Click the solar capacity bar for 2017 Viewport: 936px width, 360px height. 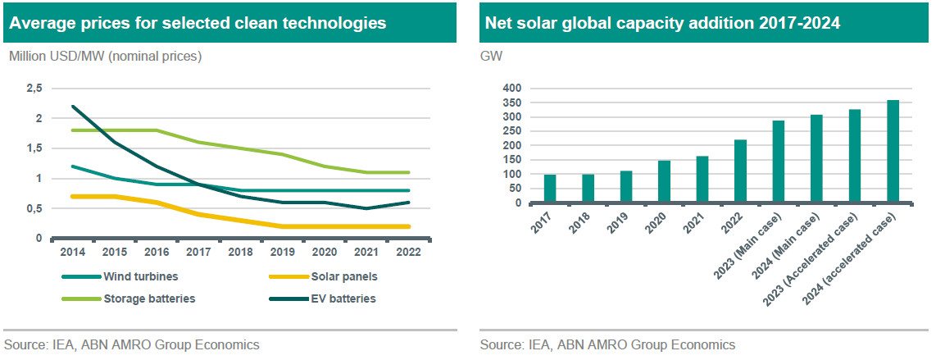(x=550, y=189)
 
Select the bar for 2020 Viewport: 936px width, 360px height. (x=664, y=181)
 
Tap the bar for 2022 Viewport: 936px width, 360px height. (x=740, y=171)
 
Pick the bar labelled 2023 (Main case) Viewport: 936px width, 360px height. (x=778, y=162)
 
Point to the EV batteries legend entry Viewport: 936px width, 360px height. (x=338, y=298)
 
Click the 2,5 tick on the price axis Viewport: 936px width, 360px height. (x=34, y=89)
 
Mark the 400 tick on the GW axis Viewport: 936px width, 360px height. (x=512, y=89)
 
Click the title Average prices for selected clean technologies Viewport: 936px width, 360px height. (x=198, y=23)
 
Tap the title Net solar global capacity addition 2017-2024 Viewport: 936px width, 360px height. (x=662, y=23)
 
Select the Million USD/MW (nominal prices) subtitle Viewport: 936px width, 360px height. (x=105, y=57)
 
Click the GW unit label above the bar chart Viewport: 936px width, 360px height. (x=491, y=57)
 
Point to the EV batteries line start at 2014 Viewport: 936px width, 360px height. (x=73, y=106)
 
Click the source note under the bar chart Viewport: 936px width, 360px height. (x=607, y=344)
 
